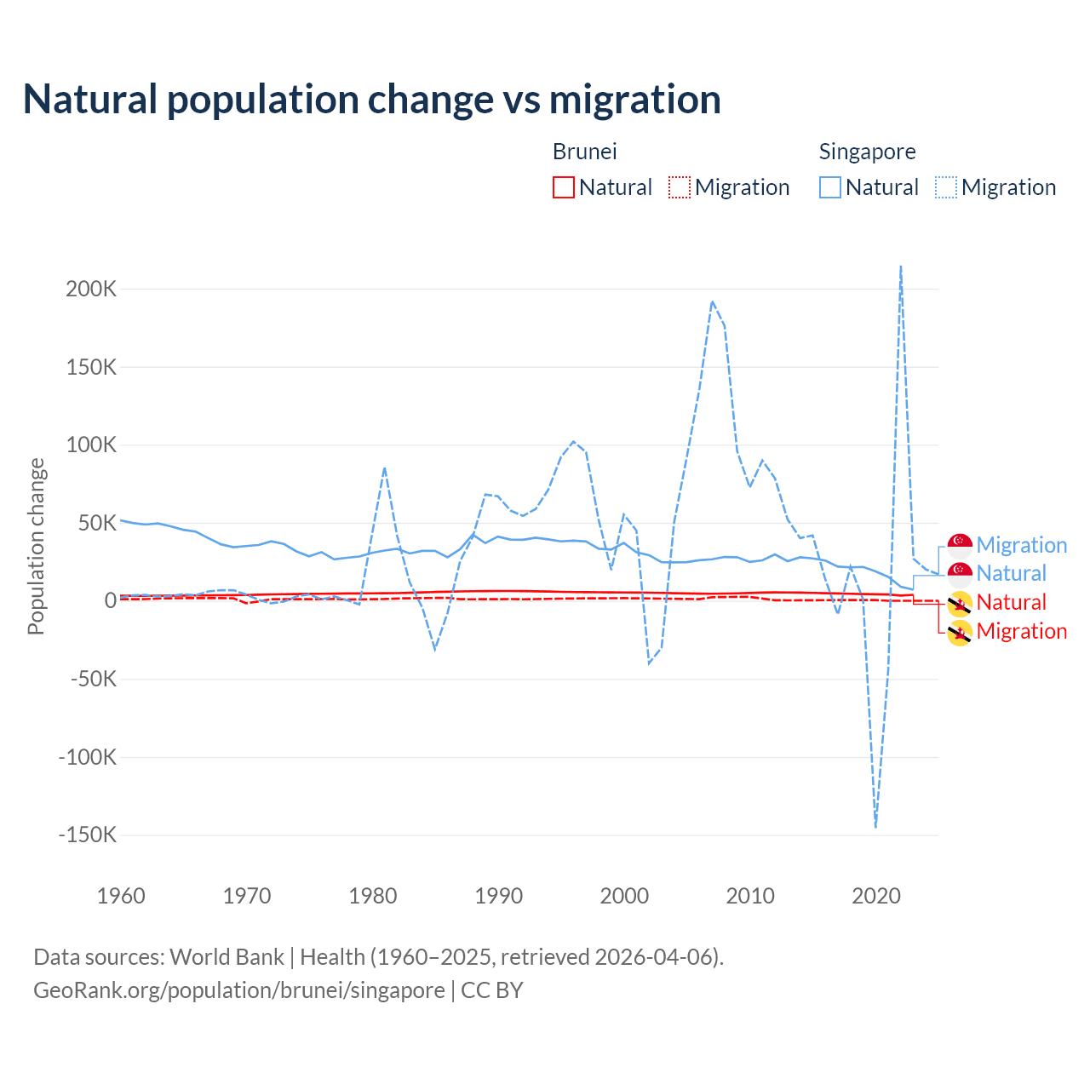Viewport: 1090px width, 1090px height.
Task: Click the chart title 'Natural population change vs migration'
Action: click(x=372, y=100)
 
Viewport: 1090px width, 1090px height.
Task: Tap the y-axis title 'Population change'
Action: click(x=36, y=546)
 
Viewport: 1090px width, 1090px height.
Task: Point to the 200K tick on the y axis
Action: click(x=91, y=289)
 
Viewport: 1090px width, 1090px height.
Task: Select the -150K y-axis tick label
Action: click(x=88, y=835)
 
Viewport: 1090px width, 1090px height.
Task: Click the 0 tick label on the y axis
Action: click(x=110, y=600)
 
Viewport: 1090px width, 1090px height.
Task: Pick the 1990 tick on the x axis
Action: click(x=499, y=896)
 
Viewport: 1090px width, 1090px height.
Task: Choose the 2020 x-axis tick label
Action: click(x=876, y=896)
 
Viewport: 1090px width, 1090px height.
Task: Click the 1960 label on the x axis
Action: click(x=122, y=896)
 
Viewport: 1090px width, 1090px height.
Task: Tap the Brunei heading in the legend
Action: click(x=584, y=152)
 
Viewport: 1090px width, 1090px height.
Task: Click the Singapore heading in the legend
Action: click(x=867, y=152)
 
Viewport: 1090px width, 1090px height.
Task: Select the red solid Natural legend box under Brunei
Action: click(x=564, y=187)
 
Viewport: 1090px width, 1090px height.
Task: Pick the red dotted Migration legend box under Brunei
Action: click(x=680, y=187)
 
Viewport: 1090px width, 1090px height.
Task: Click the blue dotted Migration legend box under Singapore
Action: click(x=946, y=187)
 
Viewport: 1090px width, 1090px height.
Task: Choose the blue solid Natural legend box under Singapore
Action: click(x=830, y=187)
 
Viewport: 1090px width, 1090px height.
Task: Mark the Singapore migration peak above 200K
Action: click(x=901, y=267)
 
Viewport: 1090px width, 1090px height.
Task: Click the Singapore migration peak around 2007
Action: click(x=712, y=301)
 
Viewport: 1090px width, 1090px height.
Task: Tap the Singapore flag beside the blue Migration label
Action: click(x=960, y=545)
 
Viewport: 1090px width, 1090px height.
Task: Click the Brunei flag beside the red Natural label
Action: click(x=960, y=603)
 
